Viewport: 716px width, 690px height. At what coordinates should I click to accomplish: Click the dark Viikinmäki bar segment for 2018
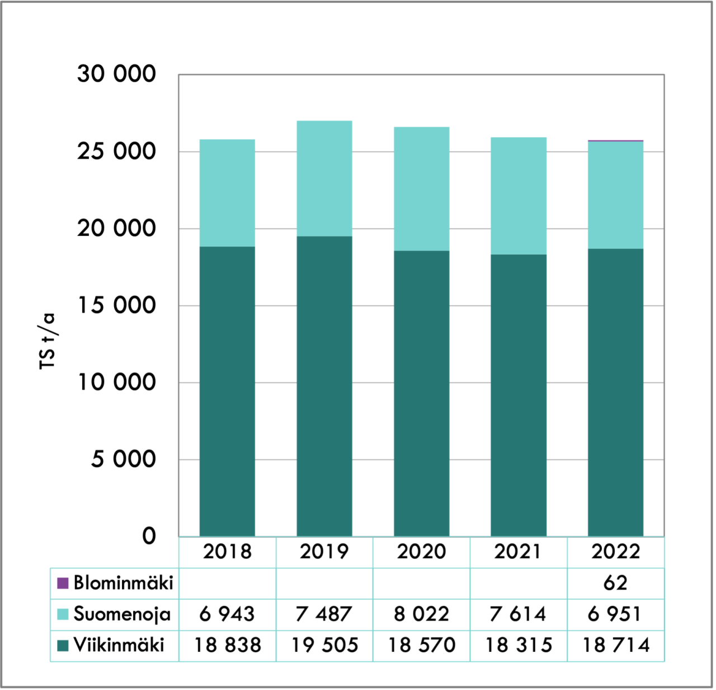(x=227, y=391)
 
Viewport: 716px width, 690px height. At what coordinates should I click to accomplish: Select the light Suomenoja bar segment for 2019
(x=324, y=178)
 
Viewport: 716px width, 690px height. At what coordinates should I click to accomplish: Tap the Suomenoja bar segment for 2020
(x=421, y=189)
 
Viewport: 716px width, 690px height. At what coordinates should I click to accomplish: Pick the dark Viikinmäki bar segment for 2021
(x=519, y=395)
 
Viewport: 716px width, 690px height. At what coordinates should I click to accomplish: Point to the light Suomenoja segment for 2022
(x=615, y=194)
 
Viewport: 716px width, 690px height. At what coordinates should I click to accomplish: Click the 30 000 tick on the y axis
(x=116, y=74)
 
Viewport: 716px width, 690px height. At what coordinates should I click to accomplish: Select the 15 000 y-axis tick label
(x=116, y=305)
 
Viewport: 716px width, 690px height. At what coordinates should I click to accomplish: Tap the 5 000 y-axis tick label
(x=124, y=459)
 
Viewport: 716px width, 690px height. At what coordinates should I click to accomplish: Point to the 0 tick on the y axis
(x=149, y=536)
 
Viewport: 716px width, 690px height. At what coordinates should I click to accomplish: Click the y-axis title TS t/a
(x=48, y=341)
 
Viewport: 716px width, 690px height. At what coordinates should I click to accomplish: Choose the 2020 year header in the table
(x=421, y=552)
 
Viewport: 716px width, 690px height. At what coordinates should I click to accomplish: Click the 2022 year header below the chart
(x=615, y=552)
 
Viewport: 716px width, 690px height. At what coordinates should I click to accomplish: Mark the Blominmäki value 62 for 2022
(x=615, y=583)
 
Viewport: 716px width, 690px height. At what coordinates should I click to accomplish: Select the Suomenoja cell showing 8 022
(x=421, y=614)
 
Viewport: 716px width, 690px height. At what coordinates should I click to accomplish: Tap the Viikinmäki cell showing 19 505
(x=324, y=645)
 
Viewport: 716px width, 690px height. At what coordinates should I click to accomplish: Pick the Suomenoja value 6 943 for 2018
(x=227, y=614)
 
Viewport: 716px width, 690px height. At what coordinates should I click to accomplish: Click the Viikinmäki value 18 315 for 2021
(x=519, y=645)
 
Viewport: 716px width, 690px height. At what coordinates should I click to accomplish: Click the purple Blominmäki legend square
(x=63, y=583)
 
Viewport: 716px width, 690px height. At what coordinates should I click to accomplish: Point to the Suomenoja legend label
(x=122, y=614)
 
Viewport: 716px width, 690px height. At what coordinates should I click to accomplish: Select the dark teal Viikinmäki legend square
(x=63, y=645)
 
